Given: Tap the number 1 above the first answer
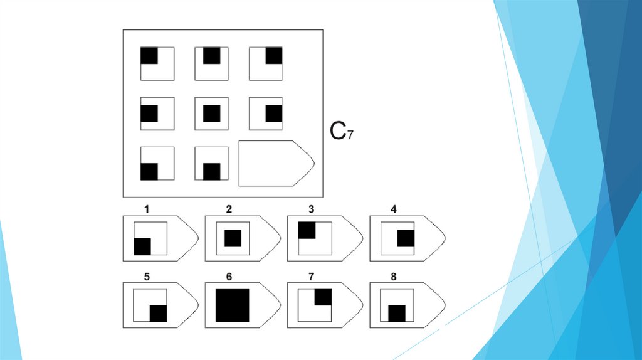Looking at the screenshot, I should [x=147, y=209].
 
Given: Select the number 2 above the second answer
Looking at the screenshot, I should [x=229, y=209].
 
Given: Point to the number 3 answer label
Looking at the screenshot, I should [x=311, y=209].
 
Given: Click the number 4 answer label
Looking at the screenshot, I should [x=394, y=209].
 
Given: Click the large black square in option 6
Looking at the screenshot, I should [x=233, y=305].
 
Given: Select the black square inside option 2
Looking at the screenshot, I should [x=233, y=238].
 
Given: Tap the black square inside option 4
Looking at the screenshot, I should [x=406, y=238].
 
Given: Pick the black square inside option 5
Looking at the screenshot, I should [x=158, y=313].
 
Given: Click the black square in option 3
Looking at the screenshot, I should [x=307, y=230].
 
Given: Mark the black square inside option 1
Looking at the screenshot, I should [x=142, y=246].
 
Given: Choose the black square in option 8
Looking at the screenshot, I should [x=397, y=313].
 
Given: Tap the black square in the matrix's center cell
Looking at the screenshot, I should [x=212, y=114].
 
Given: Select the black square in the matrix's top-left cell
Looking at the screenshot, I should [x=149, y=55].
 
